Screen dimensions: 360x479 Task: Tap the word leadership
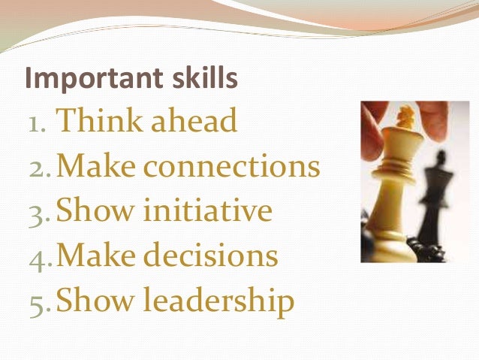(x=218, y=301)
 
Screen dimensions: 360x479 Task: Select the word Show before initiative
(x=92, y=211)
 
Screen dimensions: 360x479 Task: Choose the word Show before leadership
(x=92, y=301)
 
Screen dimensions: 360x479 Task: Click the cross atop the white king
(x=406, y=117)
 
